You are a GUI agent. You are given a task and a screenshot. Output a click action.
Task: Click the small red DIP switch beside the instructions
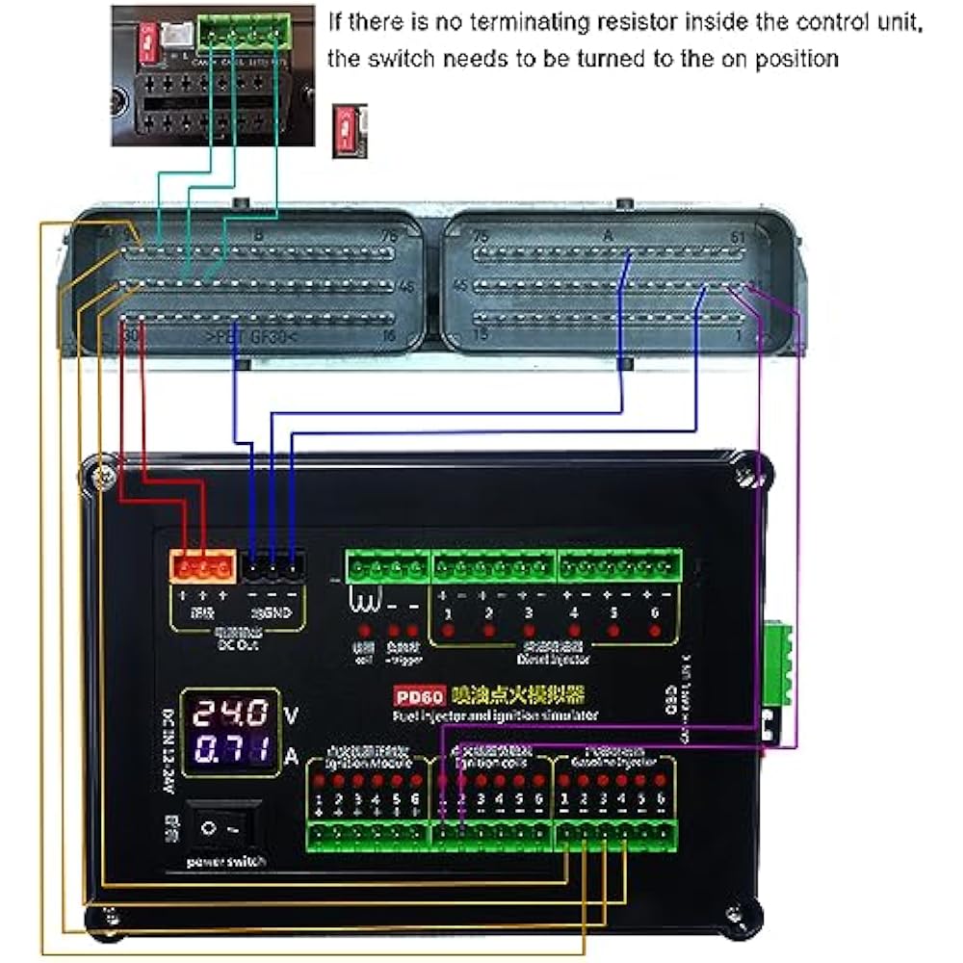tap(344, 129)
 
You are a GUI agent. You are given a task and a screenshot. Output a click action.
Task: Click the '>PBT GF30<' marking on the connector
tap(252, 337)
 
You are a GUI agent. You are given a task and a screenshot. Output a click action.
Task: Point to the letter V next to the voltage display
tap(292, 715)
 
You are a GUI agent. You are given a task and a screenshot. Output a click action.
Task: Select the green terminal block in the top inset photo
tap(245, 34)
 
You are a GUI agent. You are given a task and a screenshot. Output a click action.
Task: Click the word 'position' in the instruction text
tap(794, 58)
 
